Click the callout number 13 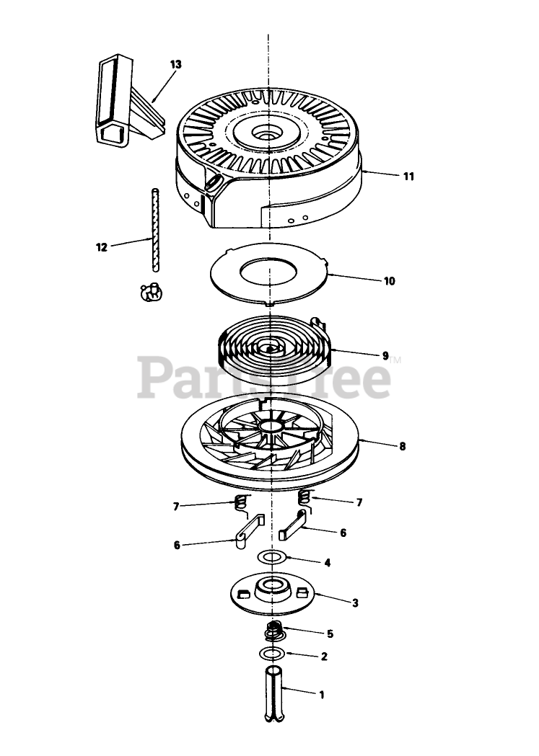[x=176, y=64]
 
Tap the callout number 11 [x=408, y=176]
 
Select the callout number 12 [x=101, y=247]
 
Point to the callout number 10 [x=389, y=281]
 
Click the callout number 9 [x=385, y=355]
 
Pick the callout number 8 [x=402, y=446]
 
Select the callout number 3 [x=354, y=602]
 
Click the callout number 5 [x=330, y=634]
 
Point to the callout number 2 [x=324, y=657]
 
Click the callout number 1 [x=321, y=695]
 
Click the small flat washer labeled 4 [x=271, y=558]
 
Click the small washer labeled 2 [x=271, y=654]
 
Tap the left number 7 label [x=176, y=507]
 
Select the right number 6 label [x=343, y=533]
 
